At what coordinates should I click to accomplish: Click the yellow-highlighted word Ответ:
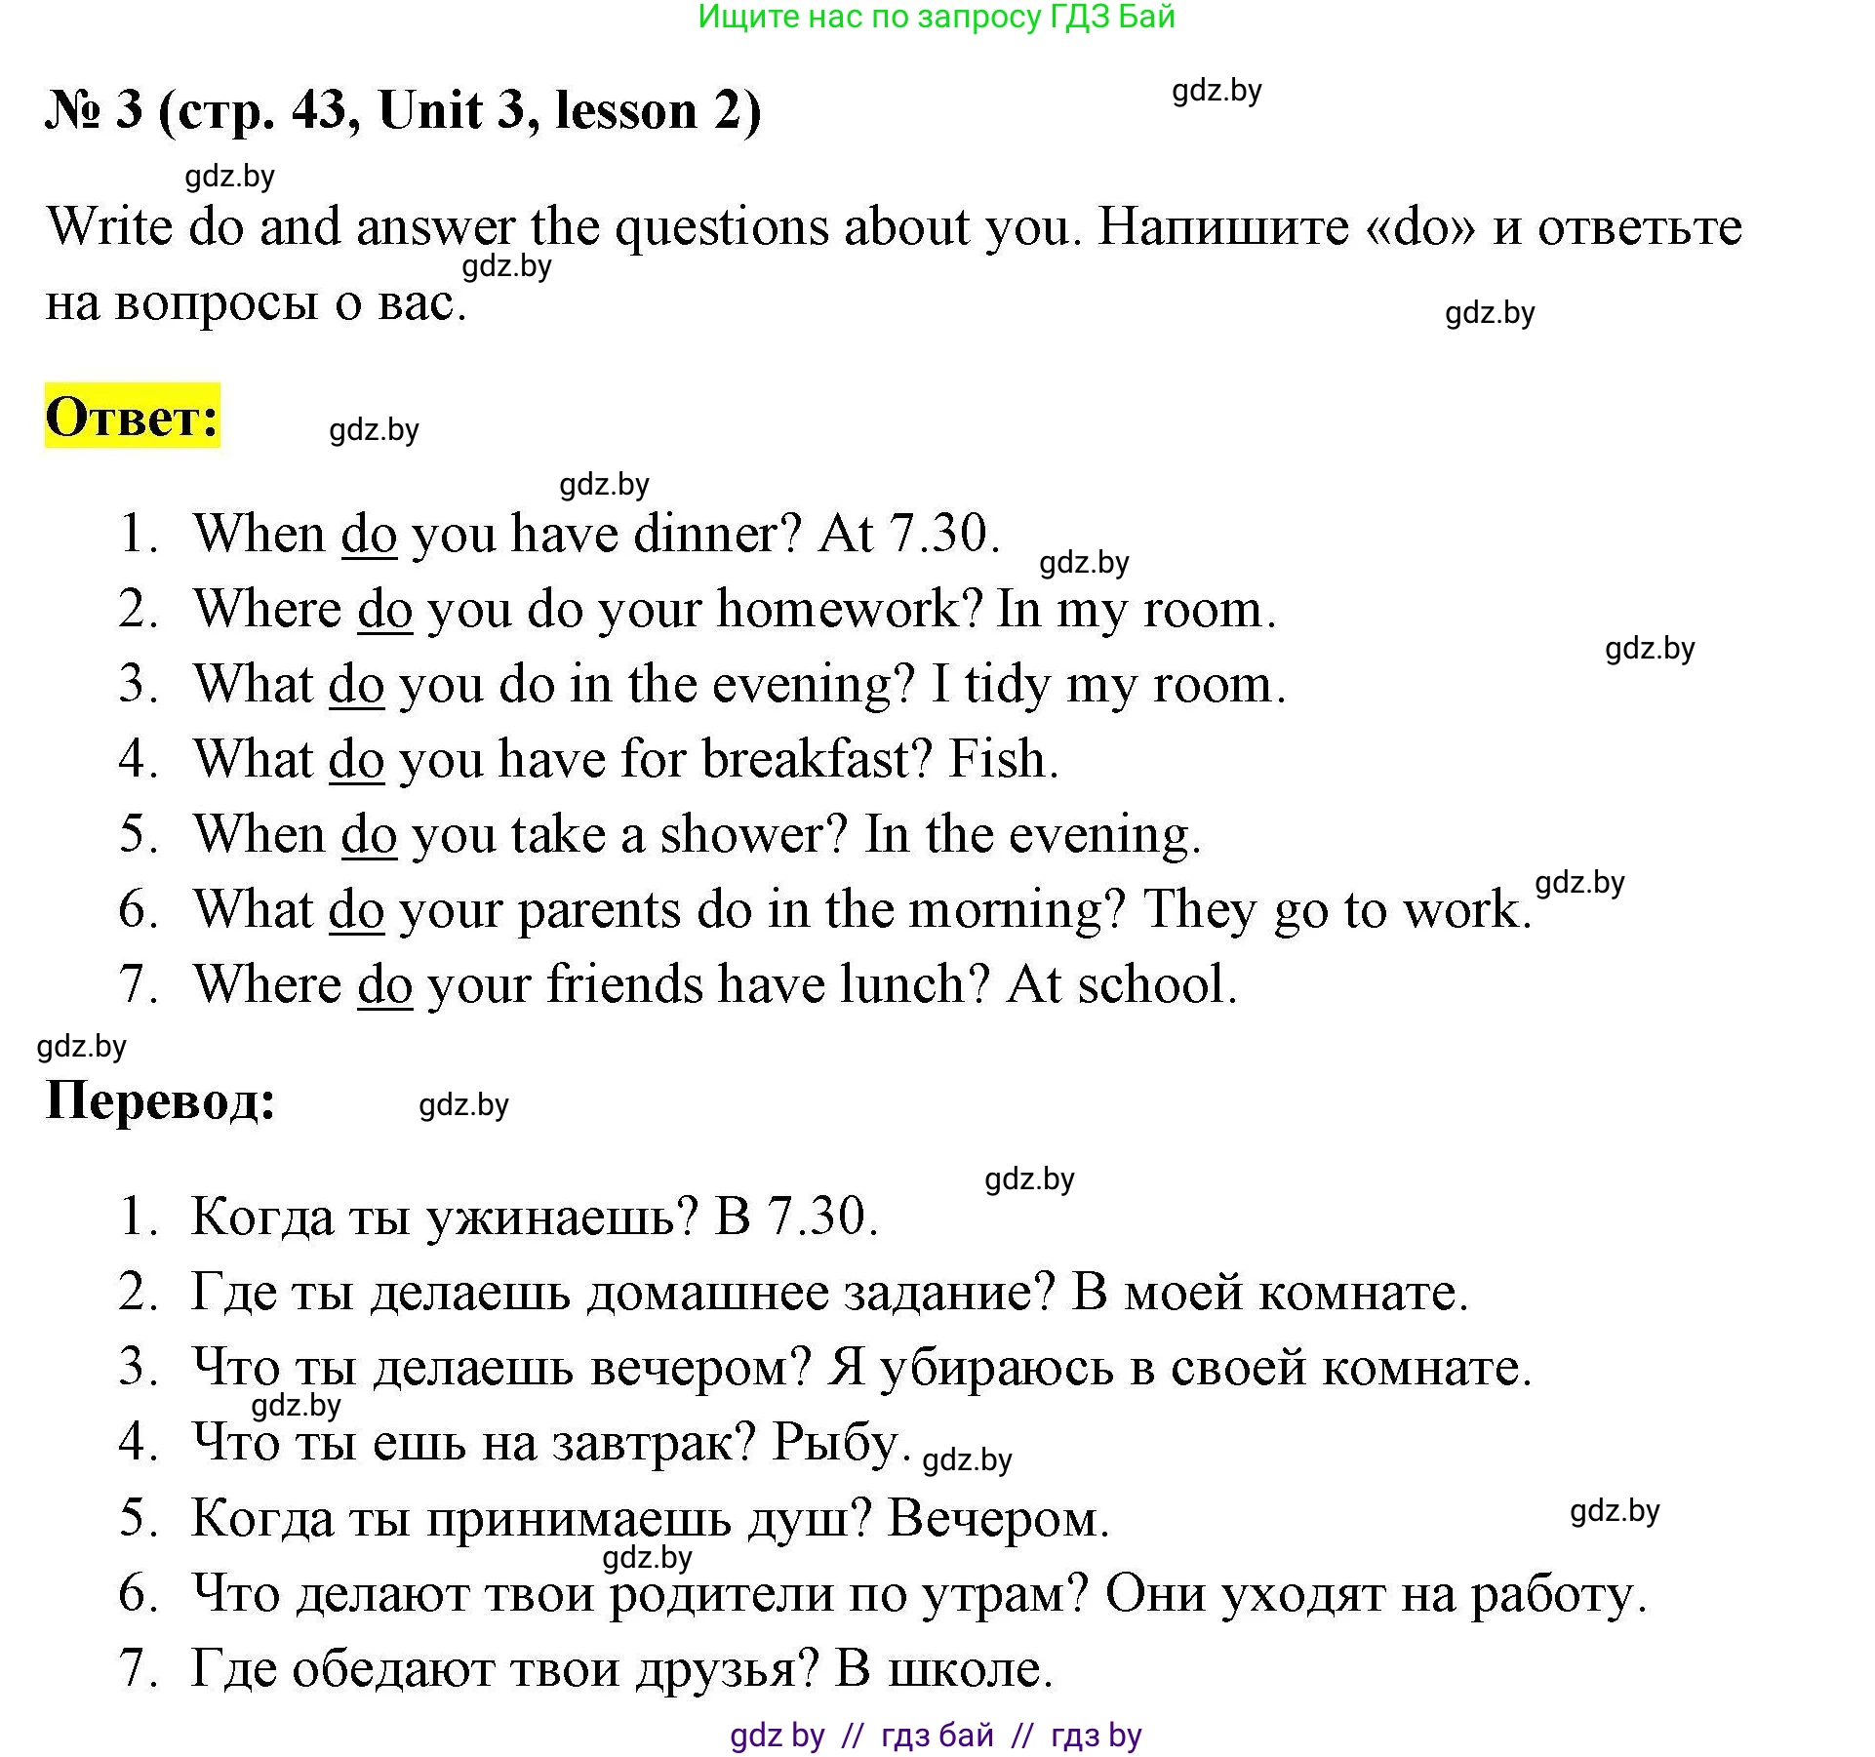[x=133, y=417]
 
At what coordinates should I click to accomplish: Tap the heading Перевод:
[x=161, y=1100]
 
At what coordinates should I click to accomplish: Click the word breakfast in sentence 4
[x=818, y=760]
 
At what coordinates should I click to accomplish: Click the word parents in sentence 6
[x=599, y=911]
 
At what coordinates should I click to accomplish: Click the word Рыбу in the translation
[x=835, y=1443]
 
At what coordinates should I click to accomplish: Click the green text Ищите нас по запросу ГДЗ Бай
[x=937, y=17]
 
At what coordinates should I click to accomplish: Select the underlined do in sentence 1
[x=369, y=535]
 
